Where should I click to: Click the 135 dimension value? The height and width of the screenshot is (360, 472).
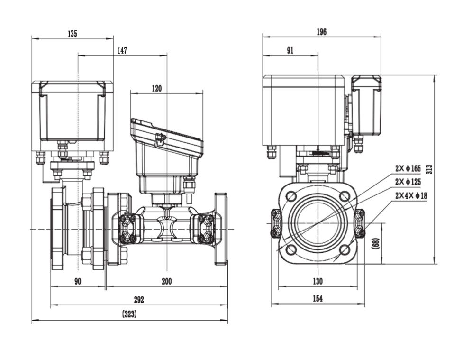pos(72,34)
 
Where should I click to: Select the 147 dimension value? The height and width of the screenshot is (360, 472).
pos(122,51)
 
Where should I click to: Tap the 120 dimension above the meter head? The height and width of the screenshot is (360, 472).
pos(156,88)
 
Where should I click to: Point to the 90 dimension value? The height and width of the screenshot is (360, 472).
pos(78,281)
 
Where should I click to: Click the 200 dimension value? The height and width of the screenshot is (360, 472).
pos(166,281)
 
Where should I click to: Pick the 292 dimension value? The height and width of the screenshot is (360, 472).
pos(138,300)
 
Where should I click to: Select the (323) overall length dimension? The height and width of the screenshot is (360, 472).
pos(129,314)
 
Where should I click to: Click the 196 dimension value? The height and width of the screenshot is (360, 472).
pos(321,32)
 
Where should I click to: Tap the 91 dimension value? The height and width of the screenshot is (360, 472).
pos(290,51)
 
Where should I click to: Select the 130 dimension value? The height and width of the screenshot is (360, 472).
pos(318,281)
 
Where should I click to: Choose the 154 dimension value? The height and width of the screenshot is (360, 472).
pos(318,298)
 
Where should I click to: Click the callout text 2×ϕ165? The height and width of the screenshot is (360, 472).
pos(408,168)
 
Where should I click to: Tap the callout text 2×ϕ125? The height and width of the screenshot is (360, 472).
pos(408,182)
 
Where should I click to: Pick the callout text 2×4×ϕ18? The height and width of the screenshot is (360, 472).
pos(410,195)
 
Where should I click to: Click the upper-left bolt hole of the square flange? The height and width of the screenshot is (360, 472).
pos(291,195)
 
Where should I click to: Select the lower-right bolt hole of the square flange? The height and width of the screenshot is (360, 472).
pos(345,249)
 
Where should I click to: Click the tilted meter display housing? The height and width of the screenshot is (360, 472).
pos(167,138)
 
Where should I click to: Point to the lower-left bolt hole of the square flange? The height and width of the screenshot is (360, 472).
pos(291,249)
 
